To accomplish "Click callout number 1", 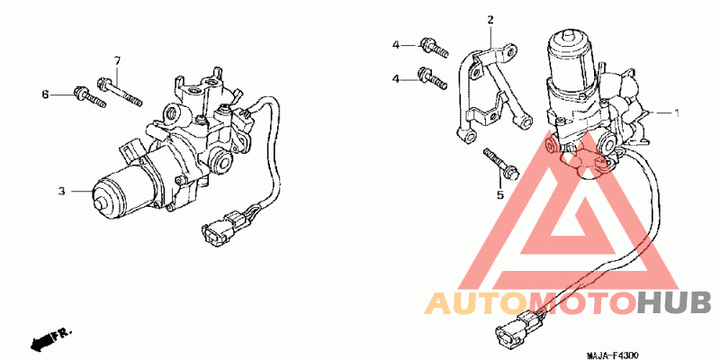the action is pos(677,112).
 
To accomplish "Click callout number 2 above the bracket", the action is pos(490,20).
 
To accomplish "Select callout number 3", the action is pos(62,191).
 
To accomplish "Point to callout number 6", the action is pos(44,93).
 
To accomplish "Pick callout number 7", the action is pos(117,60).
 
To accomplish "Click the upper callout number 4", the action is pos(395,44).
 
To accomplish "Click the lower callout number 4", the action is pos(395,79).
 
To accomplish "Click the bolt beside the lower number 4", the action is pos(433,79).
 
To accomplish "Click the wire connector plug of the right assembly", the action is pos(512,332).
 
